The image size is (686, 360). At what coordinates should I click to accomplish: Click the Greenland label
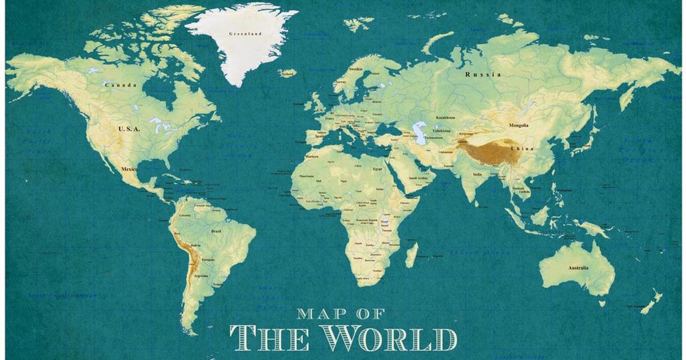point(245,34)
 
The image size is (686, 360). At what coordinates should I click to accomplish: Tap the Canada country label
point(120,85)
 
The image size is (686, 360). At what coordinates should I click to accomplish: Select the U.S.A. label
point(129,129)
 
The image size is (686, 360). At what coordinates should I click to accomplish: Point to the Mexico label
point(129,170)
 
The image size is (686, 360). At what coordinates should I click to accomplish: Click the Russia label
point(482,74)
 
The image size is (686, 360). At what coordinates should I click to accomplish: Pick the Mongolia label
point(519,125)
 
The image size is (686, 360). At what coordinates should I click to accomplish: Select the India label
point(477,174)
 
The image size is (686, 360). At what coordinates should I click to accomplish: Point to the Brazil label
point(217,231)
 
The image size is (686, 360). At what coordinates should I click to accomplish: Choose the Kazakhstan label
point(445,117)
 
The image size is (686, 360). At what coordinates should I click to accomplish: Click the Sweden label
point(356,69)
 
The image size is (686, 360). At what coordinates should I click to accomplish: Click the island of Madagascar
point(411,255)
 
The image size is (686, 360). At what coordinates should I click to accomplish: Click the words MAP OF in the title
point(341,313)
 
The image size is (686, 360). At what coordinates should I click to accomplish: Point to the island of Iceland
point(288,73)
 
